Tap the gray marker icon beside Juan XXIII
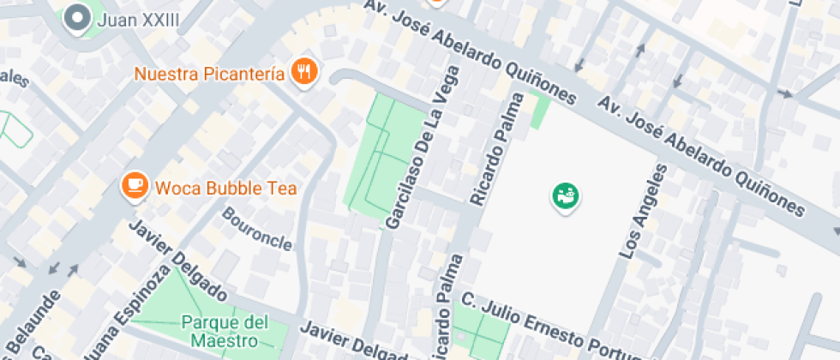(79, 17)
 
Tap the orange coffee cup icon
(134, 184)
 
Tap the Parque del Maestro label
(224, 332)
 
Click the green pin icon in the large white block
(565, 196)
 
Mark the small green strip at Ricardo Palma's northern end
(540, 111)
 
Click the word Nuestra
(167, 74)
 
